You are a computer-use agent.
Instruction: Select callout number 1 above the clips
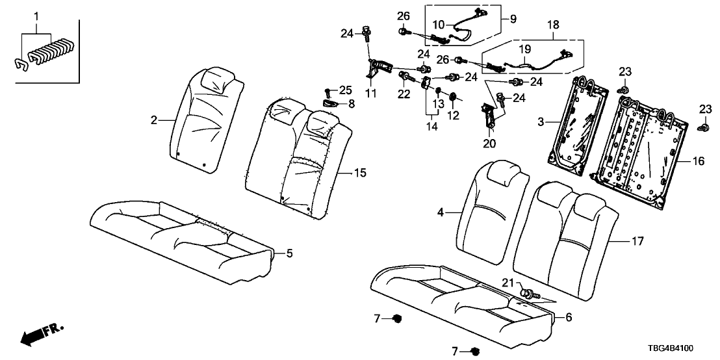point(36,15)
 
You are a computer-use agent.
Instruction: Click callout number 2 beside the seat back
point(153,120)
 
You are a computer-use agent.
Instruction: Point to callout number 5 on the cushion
point(281,254)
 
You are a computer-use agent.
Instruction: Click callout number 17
point(638,241)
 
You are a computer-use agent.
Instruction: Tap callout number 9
point(513,19)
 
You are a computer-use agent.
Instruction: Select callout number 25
point(344,89)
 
